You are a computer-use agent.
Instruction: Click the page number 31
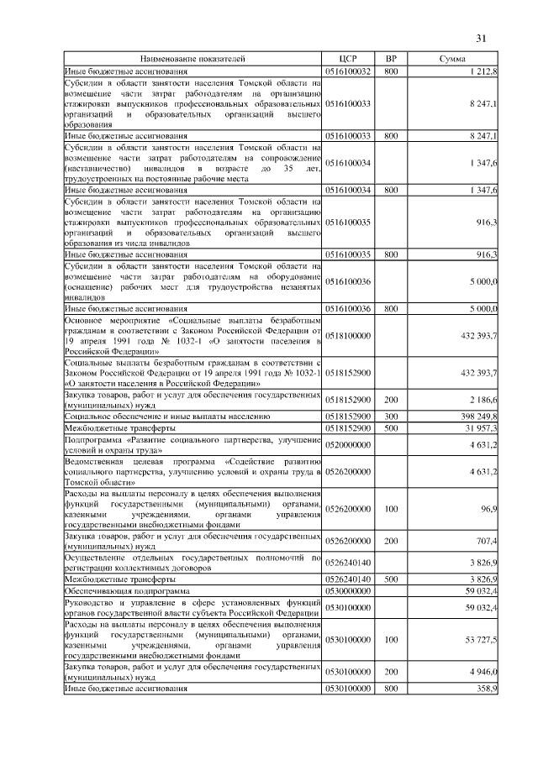pos(482,38)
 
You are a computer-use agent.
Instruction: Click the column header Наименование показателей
pos(193,60)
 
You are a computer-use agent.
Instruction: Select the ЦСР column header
pos(348,60)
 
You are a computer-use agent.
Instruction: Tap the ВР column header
pos(391,60)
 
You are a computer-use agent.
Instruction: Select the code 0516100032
pos(348,73)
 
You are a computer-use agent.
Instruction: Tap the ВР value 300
pos(391,416)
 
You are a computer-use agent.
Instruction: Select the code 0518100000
pos(348,335)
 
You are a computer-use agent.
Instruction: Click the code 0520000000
pos(348,445)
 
